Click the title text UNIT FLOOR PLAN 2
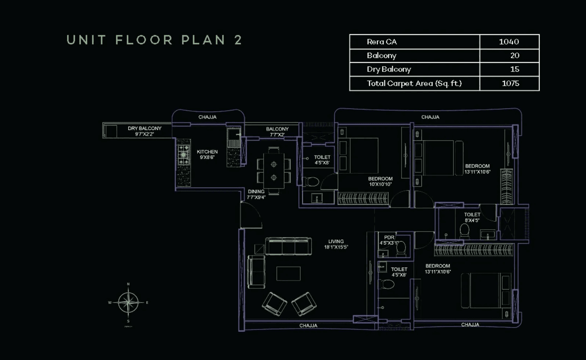tap(154, 40)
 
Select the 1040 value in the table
tap(509, 42)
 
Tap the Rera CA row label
tap(381, 42)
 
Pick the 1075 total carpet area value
tap(510, 83)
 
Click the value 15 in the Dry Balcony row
tap(515, 70)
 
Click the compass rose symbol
tap(128, 302)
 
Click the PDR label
tap(389, 237)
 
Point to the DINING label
tap(256, 192)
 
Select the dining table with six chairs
tap(274, 170)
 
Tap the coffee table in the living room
tap(288, 273)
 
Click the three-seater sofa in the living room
tap(287, 246)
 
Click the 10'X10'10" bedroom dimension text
tap(380, 185)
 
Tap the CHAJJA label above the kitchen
tap(207, 117)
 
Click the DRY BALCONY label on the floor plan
tap(144, 129)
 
